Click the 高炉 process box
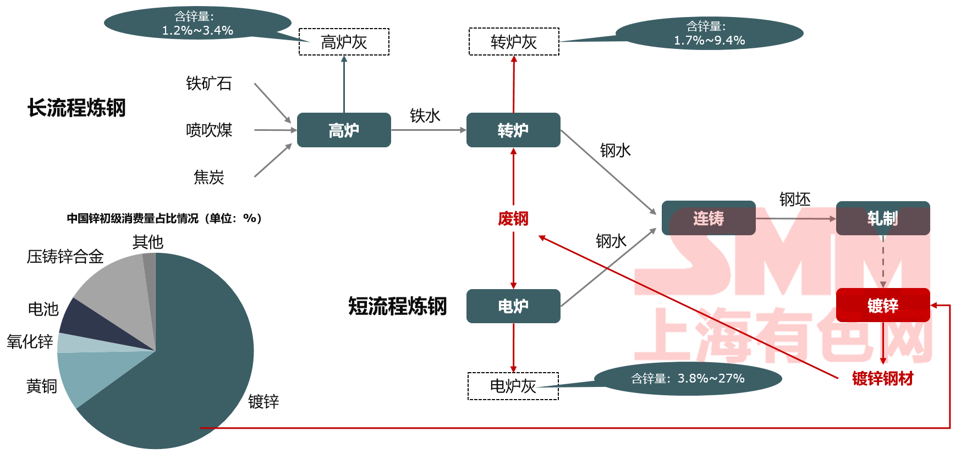tap(344, 130)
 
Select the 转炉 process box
tap(513, 130)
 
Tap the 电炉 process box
tap(513, 306)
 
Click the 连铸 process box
tap(709, 218)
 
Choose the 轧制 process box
tap(883, 218)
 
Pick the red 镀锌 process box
tap(883, 305)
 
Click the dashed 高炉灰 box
tap(344, 42)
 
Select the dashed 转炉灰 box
tap(514, 42)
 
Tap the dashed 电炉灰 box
tap(513, 386)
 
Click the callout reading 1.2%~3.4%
tap(197, 23)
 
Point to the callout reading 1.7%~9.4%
tap(709, 33)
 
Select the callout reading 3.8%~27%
tap(688, 378)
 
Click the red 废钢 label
tap(513, 219)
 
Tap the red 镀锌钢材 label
tap(882, 378)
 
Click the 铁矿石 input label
tap(209, 84)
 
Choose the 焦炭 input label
tap(209, 177)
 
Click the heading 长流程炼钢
tap(76, 108)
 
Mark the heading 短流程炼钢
tap(397, 306)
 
